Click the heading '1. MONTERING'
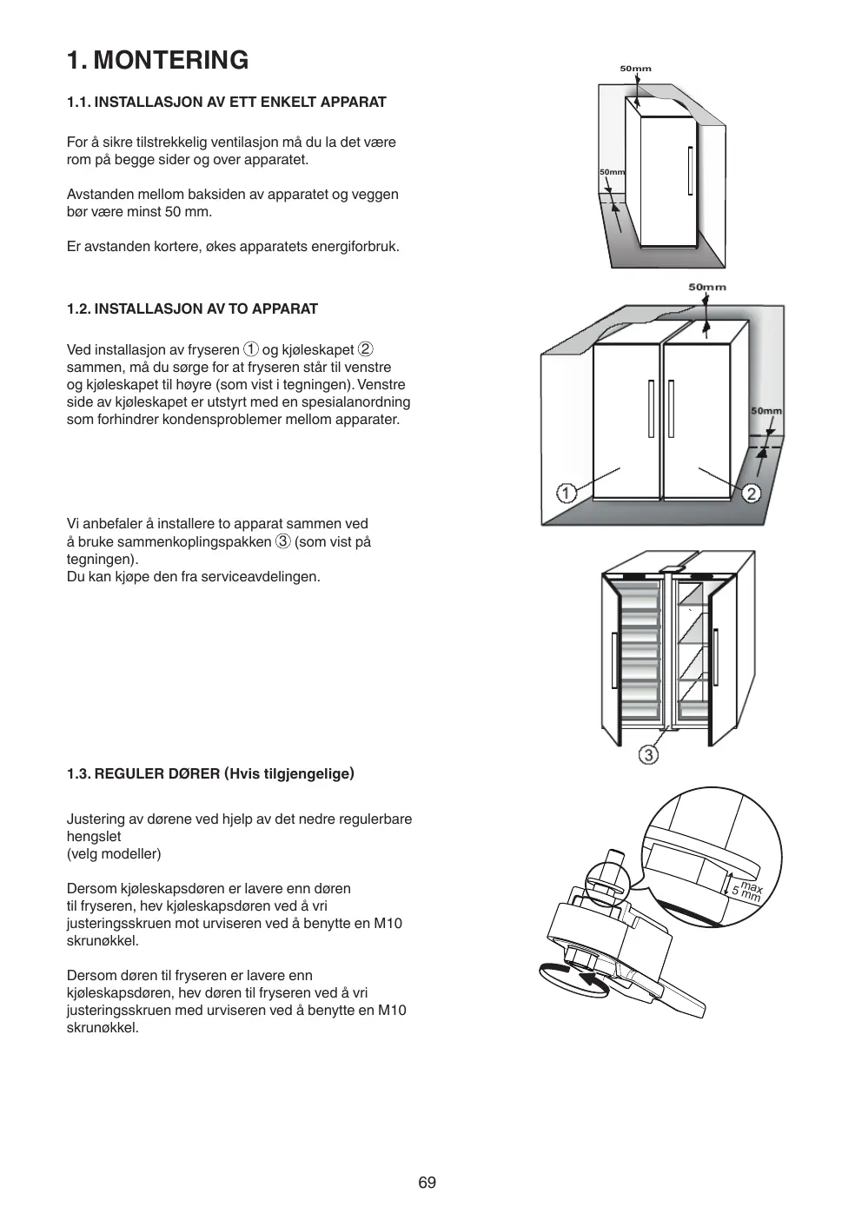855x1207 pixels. pyautogui.click(x=157, y=60)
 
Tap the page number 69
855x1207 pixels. pyautogui.click(x=427, y=1182)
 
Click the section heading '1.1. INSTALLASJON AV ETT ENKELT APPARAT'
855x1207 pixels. pyautogui.click(x=227, y=102)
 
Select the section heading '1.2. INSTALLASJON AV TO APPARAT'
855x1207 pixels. pyautogui.click(x=192, y=308)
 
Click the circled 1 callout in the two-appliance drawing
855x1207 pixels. pyautogui.click(x=566, y=494)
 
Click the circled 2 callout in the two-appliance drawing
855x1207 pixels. pyautogui.click(x=751, y=494)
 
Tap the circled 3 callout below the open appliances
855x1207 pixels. pyautogui.click(x=648, y=754)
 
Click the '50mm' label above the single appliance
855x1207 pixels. pyautogui.click(x=635, y=69)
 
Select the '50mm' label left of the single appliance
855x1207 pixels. pyautogui.click(x=612, y=172)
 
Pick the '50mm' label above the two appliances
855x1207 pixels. pyautogui.click(x=707, y=287)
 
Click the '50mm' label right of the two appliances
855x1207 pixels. pyautogui.click(x=766, y=411)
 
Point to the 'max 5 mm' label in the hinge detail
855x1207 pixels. pyautogui.click(x=748, y=891)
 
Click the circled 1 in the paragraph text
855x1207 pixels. pyautogui.click(x=250, y=349)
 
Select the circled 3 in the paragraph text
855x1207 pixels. pyautogui.click(x=282, y=541)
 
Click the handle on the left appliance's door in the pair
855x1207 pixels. pyautogui.click(x=650, y=408)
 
